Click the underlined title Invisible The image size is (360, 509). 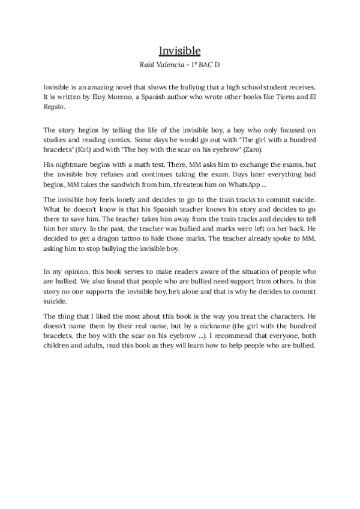click(179, 50)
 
